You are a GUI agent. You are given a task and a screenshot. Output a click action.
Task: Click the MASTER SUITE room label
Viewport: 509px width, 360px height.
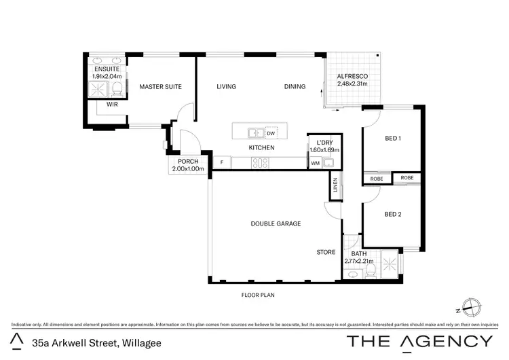coord(158,87)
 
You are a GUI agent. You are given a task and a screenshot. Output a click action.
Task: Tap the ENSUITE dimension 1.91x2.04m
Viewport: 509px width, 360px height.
coord(107,76)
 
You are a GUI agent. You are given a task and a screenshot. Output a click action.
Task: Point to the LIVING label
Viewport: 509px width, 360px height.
coord(226,87)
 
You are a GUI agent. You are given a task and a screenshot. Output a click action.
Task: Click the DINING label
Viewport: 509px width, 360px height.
coord(295,87)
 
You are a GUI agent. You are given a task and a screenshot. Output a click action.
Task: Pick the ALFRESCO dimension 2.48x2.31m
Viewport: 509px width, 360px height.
coord(352,84)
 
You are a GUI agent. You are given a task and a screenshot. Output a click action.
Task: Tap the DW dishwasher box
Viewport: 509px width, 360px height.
coord(270,133)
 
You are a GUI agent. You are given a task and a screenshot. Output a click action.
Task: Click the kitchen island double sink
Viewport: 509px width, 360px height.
coord(256,133)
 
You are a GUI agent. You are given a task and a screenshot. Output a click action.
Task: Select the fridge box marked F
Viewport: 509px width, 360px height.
coord(221,162)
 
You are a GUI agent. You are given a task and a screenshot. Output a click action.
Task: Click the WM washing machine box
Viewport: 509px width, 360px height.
coord(315,163)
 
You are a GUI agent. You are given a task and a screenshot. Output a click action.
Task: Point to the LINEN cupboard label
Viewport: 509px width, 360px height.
coord(335,185)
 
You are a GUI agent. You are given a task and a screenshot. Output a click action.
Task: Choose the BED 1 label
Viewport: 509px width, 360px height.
coord(393,139)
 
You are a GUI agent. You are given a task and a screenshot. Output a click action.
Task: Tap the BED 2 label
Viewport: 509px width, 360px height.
coord(393,215)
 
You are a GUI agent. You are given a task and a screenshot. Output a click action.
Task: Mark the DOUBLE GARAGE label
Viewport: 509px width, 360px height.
coord(276,223)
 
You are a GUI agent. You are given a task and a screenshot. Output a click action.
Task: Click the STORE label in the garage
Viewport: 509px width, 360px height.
coord(326,252)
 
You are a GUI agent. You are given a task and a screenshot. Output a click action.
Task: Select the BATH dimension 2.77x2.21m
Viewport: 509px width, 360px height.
coord(359,261)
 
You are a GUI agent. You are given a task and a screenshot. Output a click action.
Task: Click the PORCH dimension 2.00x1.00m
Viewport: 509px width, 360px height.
coord(188,168)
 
